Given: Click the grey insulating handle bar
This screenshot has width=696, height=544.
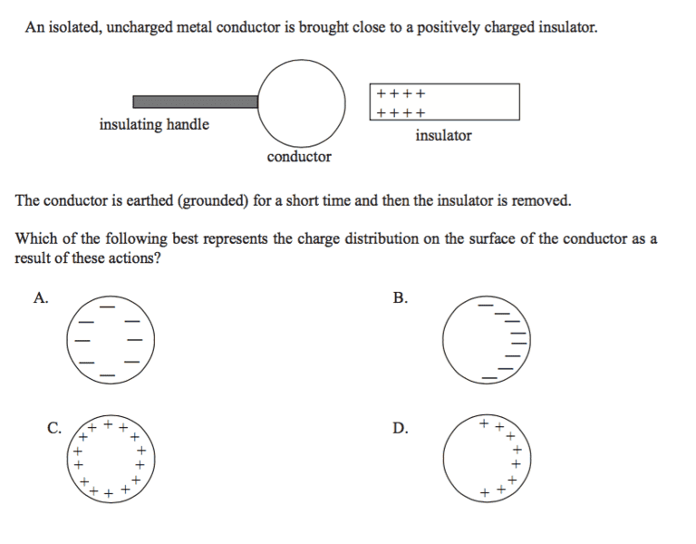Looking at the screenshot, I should point(196,102).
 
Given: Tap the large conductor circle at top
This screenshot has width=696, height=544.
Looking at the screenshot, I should point(302,102).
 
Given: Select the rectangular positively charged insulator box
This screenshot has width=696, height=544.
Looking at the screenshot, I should point(444,102).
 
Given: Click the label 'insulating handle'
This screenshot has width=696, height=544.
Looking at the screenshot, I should point(154,125).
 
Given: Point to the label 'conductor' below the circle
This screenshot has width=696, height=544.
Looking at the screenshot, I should point(299,157).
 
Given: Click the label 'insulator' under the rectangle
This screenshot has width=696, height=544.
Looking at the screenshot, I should point(443,136).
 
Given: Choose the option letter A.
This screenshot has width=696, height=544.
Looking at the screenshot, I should point(40,297).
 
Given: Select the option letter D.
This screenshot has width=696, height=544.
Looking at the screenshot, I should point(401,427).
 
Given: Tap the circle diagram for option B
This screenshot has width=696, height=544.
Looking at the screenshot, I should point(486,339).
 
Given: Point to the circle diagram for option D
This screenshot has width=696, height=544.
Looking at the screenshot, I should point(486,459).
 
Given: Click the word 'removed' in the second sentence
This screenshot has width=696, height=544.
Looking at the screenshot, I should point(541,200).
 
